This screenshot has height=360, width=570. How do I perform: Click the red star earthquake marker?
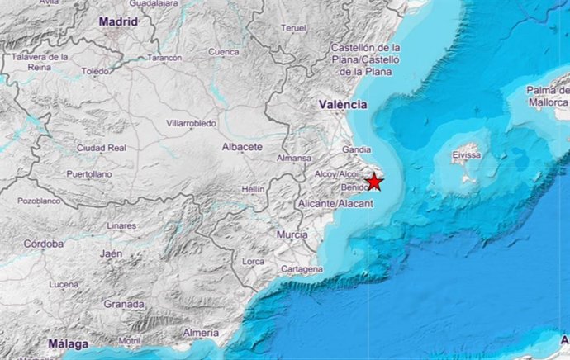(x=374, y=182)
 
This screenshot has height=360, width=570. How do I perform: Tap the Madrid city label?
(x=118, y=21)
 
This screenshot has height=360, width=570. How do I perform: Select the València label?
(x=343, y=105)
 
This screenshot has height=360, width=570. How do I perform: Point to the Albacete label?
(x=242, y=147)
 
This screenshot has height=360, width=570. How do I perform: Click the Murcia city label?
(x=292, y=235)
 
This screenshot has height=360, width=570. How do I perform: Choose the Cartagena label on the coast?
(x=301, y=270)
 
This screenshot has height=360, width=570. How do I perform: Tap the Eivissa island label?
(x=467, y=154)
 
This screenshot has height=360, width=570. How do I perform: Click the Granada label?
(x=124, y=304)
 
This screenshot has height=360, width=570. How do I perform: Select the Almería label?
(x=201, y=332)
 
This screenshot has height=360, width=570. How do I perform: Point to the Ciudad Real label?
(x=101, y=148)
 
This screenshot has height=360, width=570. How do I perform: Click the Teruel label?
(x=293, y=28)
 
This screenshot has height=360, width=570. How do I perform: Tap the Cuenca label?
(x=223, y=52)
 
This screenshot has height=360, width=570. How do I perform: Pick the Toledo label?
(x=95, y=72)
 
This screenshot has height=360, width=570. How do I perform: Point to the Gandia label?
(x=356, y=150)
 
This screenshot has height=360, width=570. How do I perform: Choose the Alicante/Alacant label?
(x=328, y=202)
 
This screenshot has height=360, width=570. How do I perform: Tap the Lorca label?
(x=253, y=262)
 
